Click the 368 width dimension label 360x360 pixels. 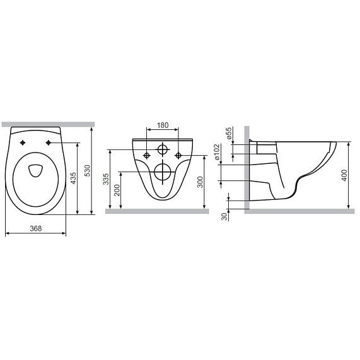pos(36,228)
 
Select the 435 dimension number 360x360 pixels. pos(73,178)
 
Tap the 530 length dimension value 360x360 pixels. pos(88,170)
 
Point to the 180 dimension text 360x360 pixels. pos(163,125)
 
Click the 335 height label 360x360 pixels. pos(106,179)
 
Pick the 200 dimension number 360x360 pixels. pos(117,190)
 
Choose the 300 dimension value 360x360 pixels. pos(200,182)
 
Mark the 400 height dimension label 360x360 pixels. pos(344,175)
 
